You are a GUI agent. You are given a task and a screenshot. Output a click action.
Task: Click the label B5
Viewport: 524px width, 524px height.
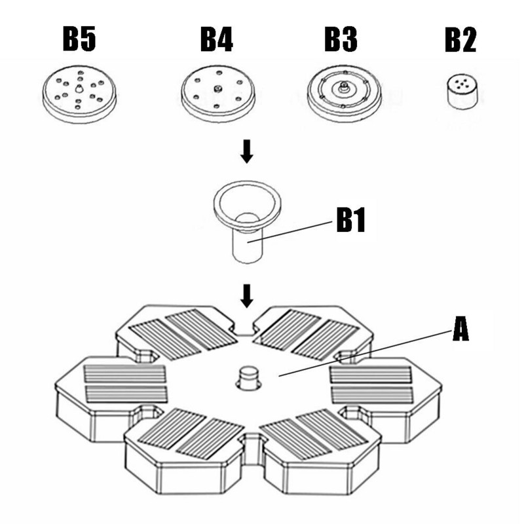79,40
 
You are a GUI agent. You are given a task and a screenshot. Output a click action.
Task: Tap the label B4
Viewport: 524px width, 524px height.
216,40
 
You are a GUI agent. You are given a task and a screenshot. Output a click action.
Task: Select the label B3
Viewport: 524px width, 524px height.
341,40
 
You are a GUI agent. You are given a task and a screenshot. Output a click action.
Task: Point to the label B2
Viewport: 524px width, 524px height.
460,40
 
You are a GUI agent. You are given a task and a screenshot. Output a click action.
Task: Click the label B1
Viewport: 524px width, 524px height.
350,221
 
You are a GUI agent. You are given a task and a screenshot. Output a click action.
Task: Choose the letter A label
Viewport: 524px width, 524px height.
461,329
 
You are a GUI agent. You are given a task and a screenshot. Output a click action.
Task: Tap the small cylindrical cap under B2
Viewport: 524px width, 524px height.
460,92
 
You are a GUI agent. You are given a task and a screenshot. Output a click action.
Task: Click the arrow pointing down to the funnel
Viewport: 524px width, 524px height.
246,153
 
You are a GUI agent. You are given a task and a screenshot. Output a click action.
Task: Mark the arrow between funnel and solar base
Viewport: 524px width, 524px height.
246,295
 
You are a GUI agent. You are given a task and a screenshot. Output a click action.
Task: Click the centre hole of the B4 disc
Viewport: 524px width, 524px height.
216,88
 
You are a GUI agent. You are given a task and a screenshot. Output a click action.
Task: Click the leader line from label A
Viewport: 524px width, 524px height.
367,354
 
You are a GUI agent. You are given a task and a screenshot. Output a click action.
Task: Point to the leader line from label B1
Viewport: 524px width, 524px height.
295,231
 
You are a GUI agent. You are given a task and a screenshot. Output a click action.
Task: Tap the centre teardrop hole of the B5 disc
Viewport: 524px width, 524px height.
79,88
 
